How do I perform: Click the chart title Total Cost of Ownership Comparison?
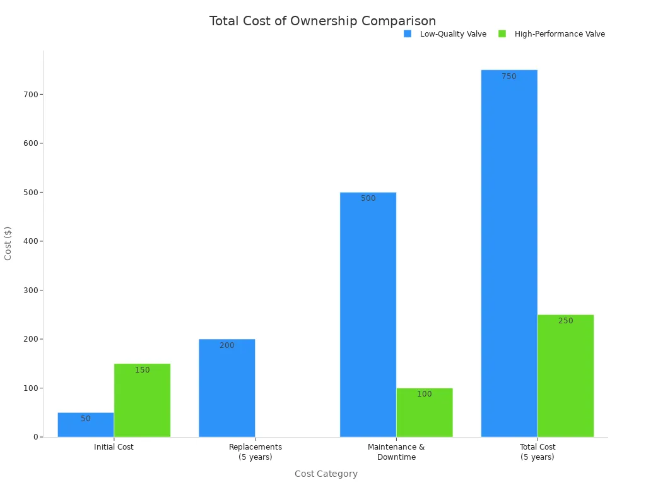[322, 21]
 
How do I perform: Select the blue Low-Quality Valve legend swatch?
[408, 34]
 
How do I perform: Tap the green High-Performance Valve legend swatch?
[502, 34]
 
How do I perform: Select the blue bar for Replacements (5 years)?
[227, 388]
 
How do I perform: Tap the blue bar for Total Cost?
[509, 253]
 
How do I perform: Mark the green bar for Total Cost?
[565, 376]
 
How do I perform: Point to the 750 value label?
[509, 76]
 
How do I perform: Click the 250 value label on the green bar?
[565, 321]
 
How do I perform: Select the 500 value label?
[368, 198]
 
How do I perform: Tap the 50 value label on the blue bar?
[86, 419]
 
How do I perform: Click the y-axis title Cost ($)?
[8, 243]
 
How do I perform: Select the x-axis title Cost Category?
[326, 474]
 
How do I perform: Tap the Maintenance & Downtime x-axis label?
[396, 452]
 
